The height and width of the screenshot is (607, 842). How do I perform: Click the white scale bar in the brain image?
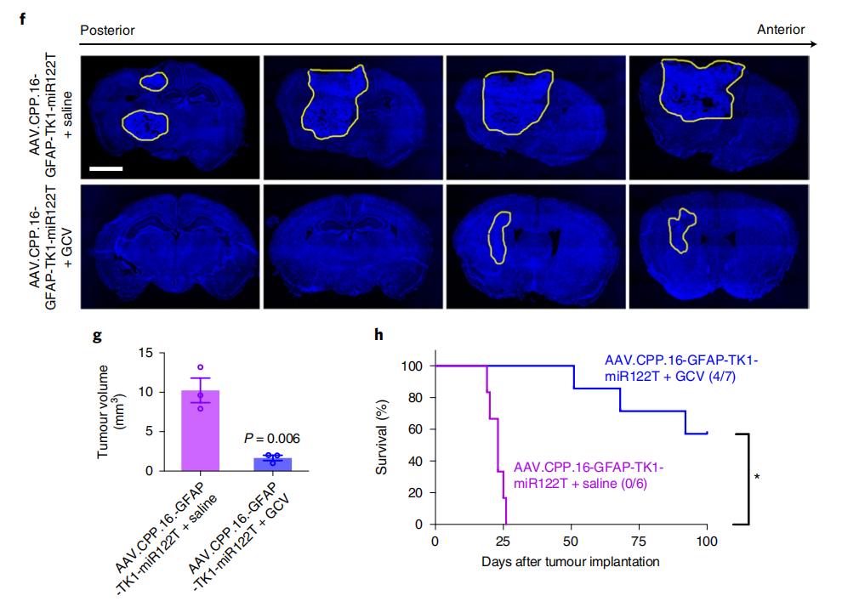105,168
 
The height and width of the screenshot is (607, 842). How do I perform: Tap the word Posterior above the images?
107,30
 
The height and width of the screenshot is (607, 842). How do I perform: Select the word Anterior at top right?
781,30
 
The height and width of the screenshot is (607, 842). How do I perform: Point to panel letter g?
97,334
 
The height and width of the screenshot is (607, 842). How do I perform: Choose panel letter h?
379,334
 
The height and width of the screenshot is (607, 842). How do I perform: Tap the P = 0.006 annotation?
272,439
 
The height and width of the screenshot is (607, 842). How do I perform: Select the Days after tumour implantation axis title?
570,562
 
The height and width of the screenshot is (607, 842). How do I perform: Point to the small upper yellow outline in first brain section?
152,81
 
